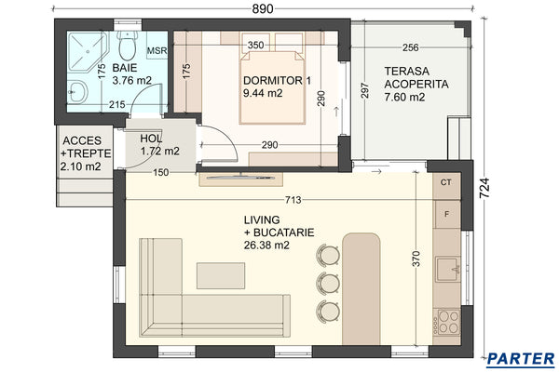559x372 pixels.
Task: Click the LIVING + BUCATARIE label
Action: (277, 232)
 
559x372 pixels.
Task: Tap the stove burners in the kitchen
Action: (447, 323)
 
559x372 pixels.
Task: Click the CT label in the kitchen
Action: (446, 182)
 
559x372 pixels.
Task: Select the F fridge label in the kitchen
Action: (447, 215)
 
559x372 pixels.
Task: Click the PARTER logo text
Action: (522, 358)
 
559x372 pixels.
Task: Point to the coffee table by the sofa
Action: (222, 274)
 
